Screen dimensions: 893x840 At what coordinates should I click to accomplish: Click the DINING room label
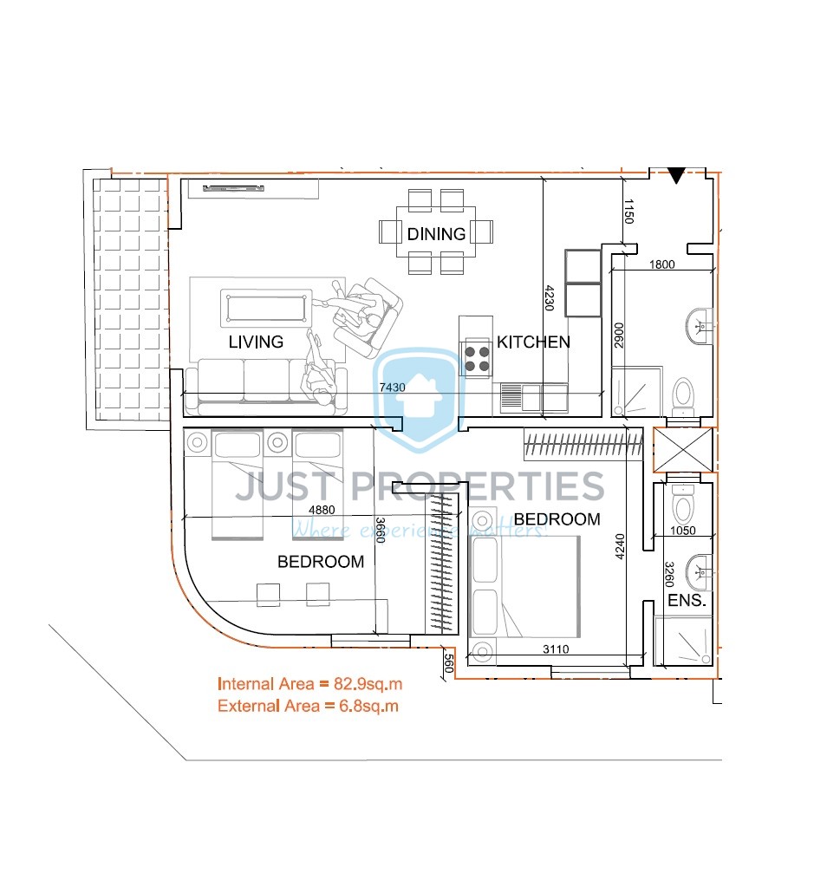point(436,234)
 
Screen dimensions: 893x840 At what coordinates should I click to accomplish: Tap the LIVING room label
point(256,342)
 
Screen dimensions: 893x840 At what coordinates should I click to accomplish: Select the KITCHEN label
point(533,342)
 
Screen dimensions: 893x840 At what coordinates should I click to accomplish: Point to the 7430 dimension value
point(392,388)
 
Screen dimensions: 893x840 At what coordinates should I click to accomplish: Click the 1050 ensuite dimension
point(682,531)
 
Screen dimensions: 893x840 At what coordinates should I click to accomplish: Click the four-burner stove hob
point(478,358)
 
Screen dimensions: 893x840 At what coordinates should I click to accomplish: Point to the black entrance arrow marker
point(676,175)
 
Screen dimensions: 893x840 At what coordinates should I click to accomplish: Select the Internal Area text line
point(310,684)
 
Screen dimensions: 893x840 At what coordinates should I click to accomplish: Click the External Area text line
point(308,706)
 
